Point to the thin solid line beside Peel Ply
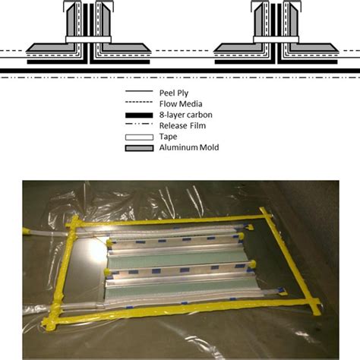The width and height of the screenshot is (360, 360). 139,91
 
